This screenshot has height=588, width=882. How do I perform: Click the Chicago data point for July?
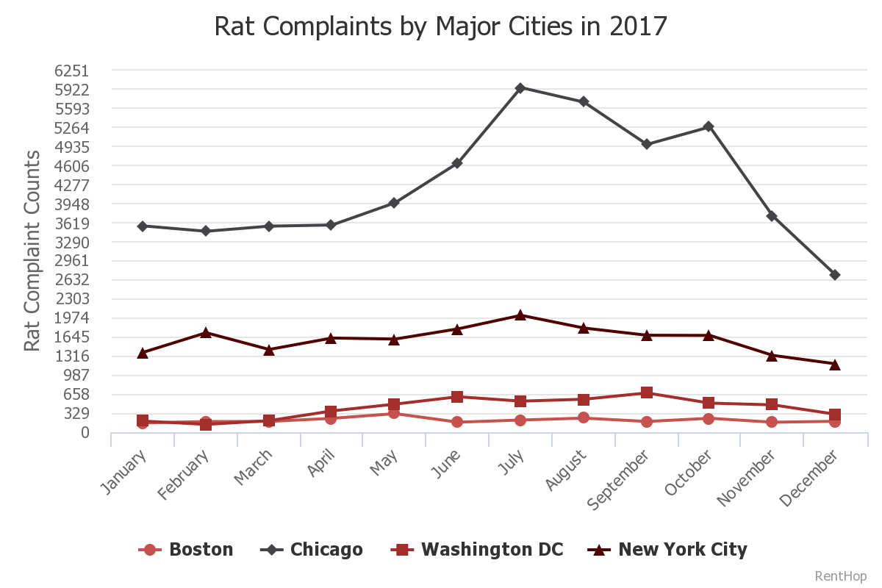pyautogui.click(x=520, y=88)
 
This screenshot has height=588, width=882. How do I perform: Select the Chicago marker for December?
pyautogui.click(x=835, y=275)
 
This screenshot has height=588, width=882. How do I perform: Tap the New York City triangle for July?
pyautogui.click(x=520, y=315)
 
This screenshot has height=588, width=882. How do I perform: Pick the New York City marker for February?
pyautogui.click(x=206, y=332)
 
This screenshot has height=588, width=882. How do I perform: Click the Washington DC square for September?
pyautogui.click(x=647, y=392)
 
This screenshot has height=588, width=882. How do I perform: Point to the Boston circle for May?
pyautogui.click(x=394, y=413)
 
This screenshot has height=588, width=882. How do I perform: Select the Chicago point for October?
pyautogui.click(x=709, y=126)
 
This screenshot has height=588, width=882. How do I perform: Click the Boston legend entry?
pyautogui.click(x=187, y=550)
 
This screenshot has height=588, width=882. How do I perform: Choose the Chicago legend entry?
pyautogui.click(x=312, y=550)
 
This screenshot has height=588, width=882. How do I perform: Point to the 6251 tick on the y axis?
pyautogui.click(x=72, y=71)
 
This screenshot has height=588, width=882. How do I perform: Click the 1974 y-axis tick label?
pyautogui.click(x=72, y=318)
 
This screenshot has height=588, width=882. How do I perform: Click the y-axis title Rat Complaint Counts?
pyautogui.click(x=32, y=251)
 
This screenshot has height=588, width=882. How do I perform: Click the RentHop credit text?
pyautogui.click(x=841, y=576)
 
